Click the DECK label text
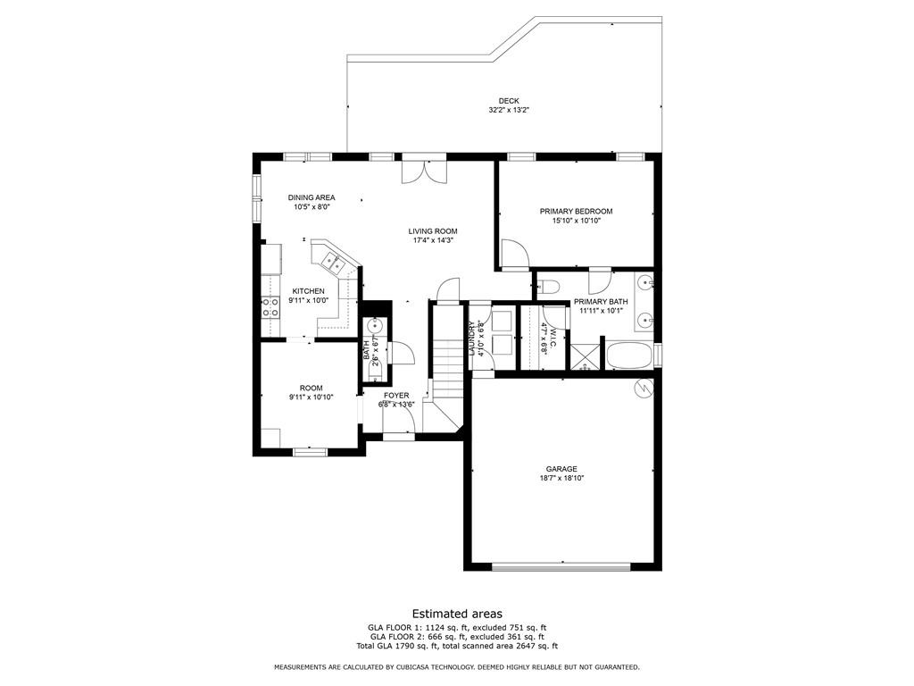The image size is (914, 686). (509, 101)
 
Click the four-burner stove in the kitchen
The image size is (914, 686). (269, 307)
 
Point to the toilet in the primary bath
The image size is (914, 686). (548, 287)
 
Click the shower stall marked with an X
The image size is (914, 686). (585, 356)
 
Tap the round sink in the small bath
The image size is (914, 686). (375, 324)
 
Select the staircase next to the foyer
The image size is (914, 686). (446, 357)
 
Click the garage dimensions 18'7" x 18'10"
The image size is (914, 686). (561, 478)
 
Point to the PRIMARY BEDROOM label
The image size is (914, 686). (576, 212)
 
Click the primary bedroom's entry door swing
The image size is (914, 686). (513, 254)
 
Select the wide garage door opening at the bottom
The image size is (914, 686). (561, 565)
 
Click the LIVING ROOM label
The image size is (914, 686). (433, 231)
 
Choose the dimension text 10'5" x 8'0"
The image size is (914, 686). (312, 206)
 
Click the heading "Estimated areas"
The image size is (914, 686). (456, 614)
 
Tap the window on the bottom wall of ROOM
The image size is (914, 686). (311, 452)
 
